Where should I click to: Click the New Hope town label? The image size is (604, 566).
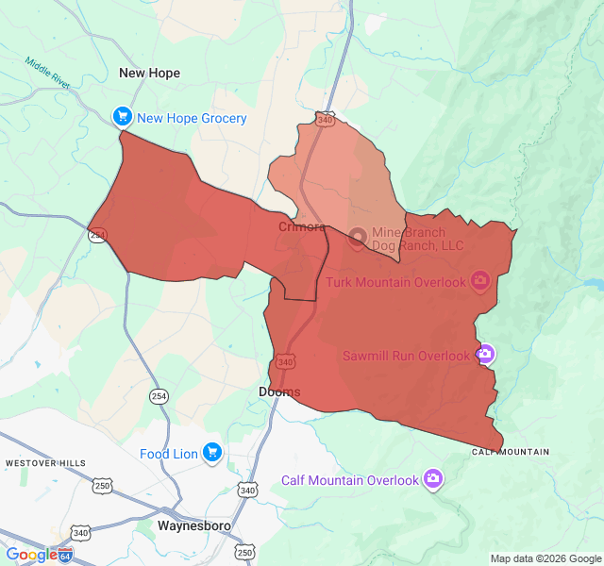[149, 73]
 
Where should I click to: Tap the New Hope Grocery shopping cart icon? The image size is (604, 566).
[122, 117]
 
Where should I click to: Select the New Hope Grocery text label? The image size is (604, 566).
[192, 118]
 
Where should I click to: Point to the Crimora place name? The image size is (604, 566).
[302, 227]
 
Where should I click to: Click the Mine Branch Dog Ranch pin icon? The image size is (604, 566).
[358, 237]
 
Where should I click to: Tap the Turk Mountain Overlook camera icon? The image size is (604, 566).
[480, 280]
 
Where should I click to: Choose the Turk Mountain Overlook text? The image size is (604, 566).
[396, 282]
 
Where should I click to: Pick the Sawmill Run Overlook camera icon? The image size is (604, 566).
[484, 355]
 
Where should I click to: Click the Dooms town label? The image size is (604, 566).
[279, 391]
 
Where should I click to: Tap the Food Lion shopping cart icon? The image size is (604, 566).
[211, 453]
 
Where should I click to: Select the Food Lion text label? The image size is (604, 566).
[169, 454]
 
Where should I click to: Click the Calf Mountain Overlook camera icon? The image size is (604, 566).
[433, 479]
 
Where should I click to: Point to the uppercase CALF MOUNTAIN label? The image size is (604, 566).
[511, 452]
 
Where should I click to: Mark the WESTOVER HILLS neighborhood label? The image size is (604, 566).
[45, 463]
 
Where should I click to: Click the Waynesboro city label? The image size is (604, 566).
[195, 525]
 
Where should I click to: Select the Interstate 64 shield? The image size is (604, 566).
[65, 555]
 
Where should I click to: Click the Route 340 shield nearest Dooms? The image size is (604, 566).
[286, 361]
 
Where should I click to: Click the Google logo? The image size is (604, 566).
[31, 555]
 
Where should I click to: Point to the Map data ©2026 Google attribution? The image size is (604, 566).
[545, 558]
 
